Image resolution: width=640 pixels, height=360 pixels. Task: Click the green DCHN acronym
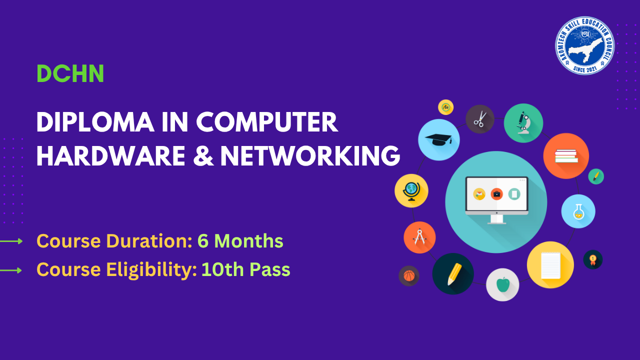coord(70,74)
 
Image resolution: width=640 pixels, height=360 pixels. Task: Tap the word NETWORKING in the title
coord(310,156)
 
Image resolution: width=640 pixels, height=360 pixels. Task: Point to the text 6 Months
coord(240,241)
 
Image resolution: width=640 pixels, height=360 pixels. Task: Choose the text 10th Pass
coord(245,270)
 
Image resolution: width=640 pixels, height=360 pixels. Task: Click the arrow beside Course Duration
coord(11,241)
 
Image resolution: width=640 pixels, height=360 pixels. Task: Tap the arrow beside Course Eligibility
coord(11,270)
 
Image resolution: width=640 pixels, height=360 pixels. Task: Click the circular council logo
coord(584,45)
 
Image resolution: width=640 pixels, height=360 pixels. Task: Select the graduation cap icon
coord(438,139)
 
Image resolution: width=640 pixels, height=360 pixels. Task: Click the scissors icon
coord(480,119)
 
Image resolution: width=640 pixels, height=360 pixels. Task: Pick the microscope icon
coord(523,123)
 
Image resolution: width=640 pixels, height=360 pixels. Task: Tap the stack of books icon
coord(566,156)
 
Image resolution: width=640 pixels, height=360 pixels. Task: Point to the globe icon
coord(411,190)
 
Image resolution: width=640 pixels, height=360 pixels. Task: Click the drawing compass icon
coord(419,237)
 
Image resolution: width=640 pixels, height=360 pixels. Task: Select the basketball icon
coord(409,275)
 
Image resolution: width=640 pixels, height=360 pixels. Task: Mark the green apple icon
coord(502,285)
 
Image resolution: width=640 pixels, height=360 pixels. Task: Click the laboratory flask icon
coord(578,211)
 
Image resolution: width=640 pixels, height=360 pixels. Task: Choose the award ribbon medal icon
coord(593,259)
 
